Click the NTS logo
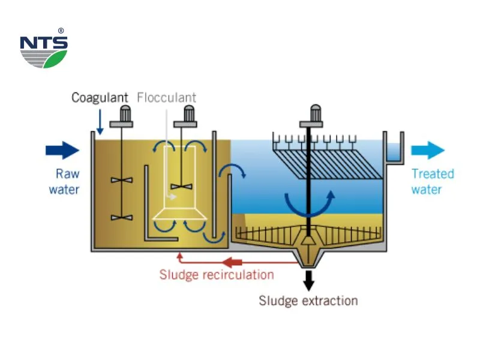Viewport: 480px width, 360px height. pos(43,50)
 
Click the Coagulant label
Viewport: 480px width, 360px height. pos(100,97)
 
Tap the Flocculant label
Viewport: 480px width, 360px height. pos(166,97)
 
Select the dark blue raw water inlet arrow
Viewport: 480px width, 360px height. pos(62,150)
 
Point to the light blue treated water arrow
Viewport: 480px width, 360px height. pos(428,150)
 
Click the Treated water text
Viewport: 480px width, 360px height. pos(432,182)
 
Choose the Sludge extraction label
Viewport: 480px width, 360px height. pos(308,301)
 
